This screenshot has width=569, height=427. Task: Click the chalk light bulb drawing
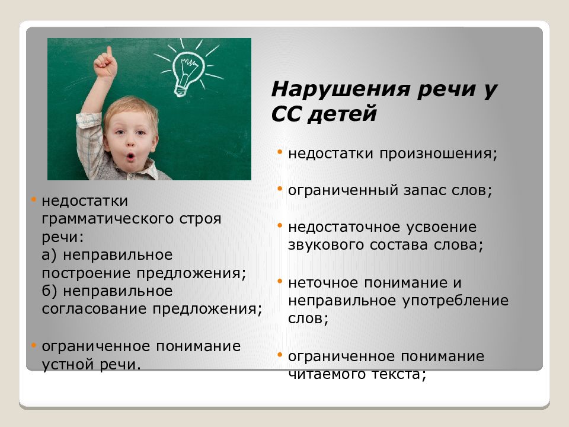187,70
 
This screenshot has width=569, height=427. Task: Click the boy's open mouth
130,157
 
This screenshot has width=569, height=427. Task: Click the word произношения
439,154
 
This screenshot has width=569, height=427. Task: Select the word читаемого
326,374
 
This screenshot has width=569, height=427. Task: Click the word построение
85,273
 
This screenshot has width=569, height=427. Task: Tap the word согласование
94,309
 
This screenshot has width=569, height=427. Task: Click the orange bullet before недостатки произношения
279,152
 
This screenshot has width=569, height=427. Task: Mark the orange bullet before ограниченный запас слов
279,189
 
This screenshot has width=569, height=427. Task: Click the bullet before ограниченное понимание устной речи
33,345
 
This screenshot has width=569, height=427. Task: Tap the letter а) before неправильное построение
49,255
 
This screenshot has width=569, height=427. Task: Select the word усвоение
441,228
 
